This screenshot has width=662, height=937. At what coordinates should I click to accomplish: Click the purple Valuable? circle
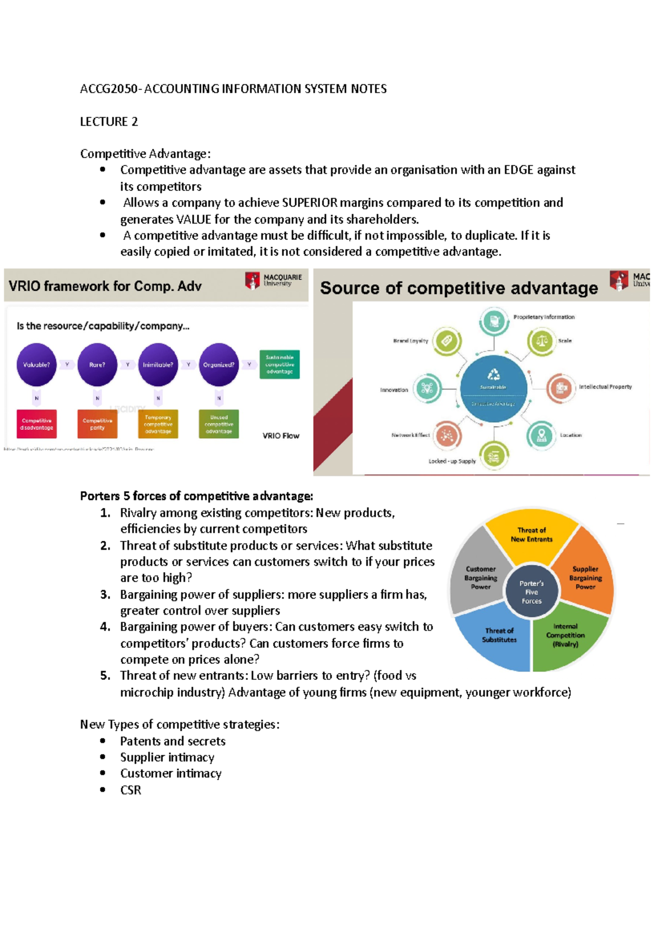point(36,365)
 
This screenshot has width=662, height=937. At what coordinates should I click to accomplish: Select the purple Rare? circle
point(97,365)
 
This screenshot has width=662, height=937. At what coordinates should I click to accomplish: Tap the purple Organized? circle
point(218,365)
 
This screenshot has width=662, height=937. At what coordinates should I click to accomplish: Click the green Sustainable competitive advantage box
point(279,364)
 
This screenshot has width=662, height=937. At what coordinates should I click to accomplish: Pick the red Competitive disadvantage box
point(37,424)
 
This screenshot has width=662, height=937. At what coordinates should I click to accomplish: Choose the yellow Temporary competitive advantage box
point(158,424)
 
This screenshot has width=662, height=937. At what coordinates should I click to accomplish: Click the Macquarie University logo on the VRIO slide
point(274,280)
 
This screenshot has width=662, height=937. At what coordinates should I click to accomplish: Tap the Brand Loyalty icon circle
point(446,341)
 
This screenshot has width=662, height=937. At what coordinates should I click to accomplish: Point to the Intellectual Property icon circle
point(561,387)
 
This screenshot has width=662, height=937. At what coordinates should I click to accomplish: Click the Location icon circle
point(541,435)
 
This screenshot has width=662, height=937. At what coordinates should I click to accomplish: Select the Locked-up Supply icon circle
point(494,456)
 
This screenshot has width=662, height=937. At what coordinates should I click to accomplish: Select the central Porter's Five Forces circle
point(531,592)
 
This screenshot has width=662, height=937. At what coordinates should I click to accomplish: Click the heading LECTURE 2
point(109,121)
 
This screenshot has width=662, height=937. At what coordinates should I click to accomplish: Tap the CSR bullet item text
point(131,790)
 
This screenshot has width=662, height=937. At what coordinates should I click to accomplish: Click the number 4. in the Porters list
point(105,627)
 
